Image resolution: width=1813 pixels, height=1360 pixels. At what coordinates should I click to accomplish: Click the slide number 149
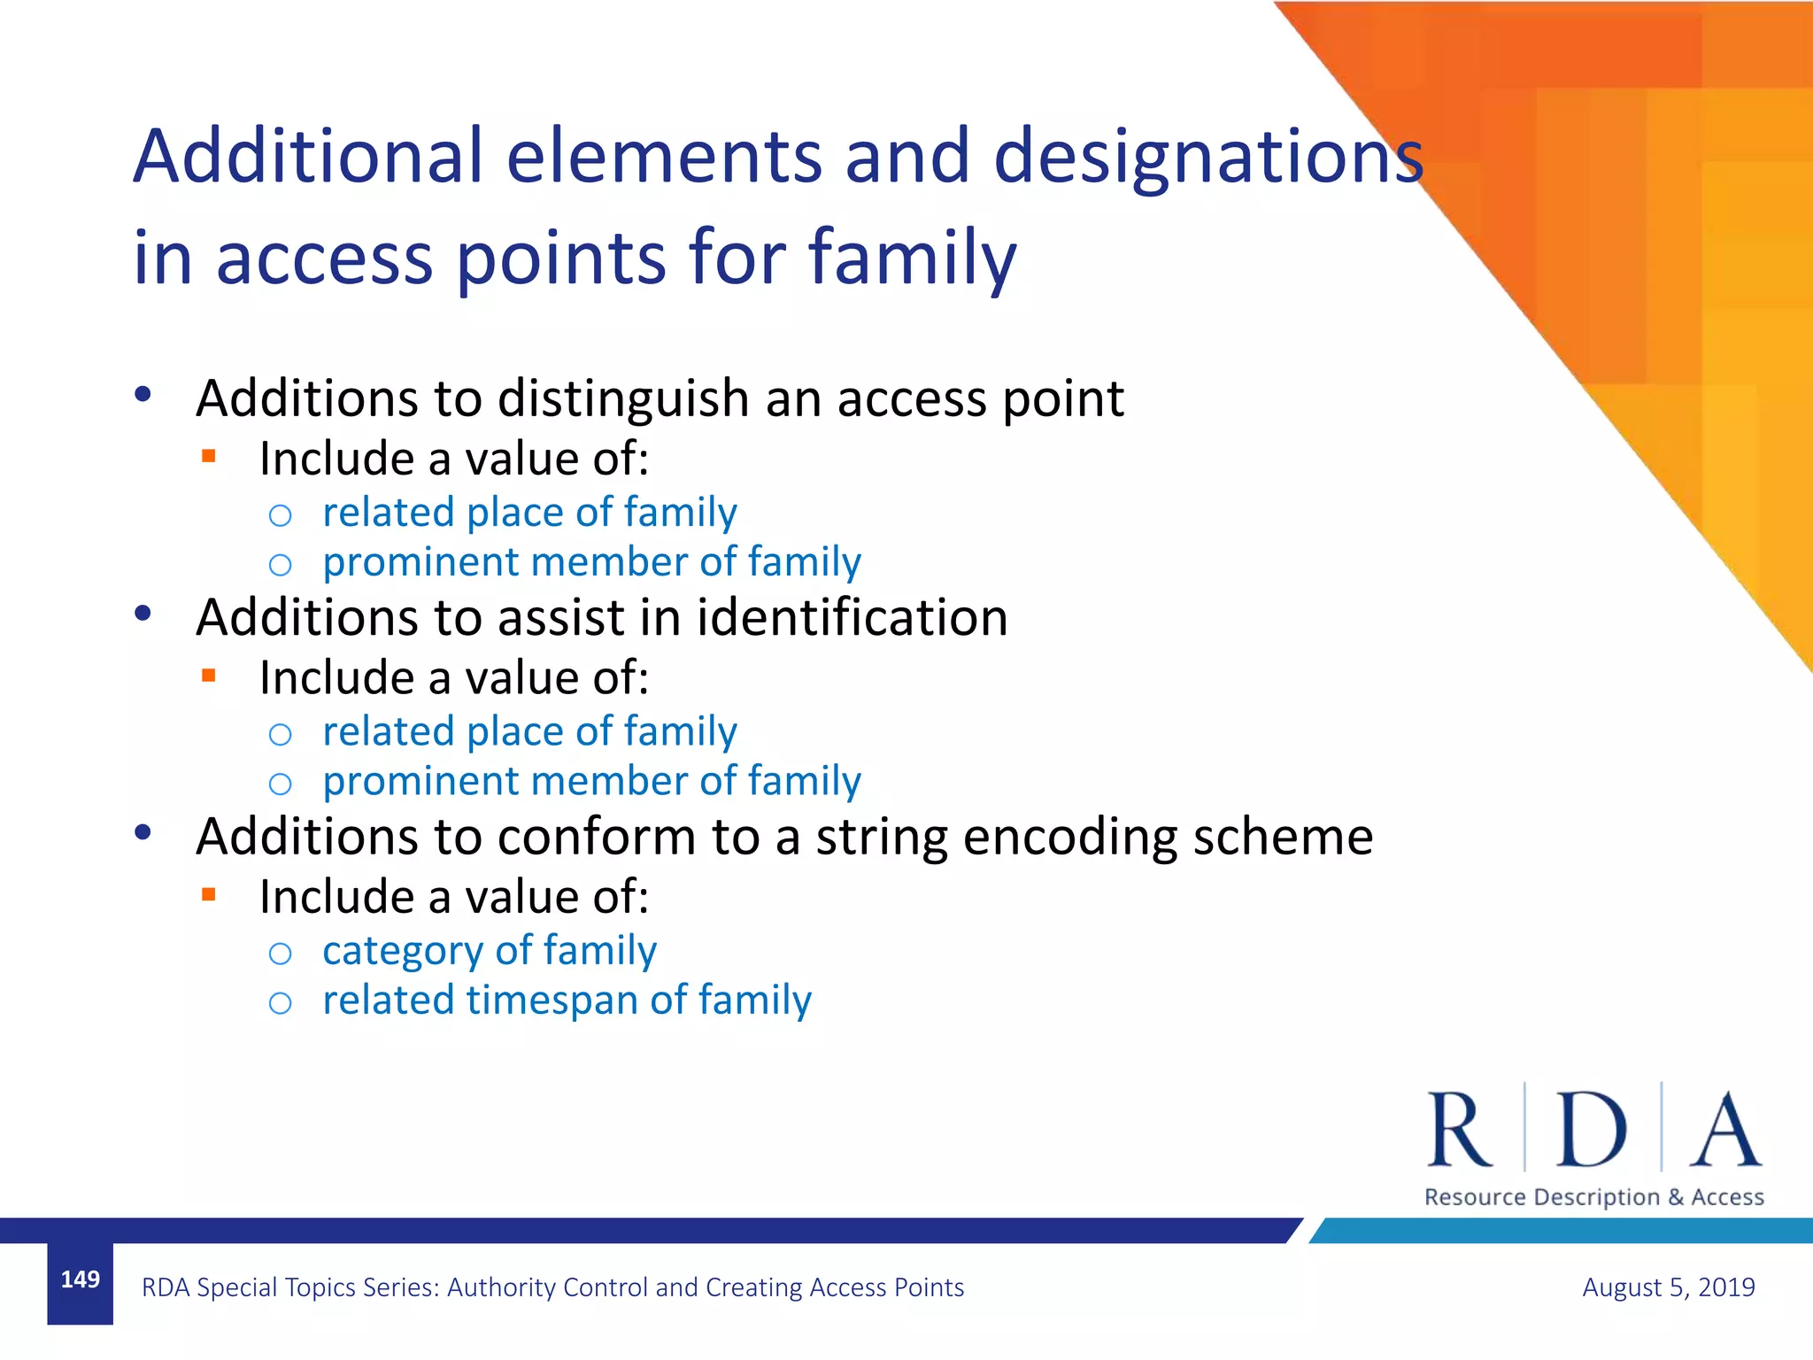coord(80,1279)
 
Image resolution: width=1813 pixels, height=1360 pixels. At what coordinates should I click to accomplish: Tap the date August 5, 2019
coord(1668,1287)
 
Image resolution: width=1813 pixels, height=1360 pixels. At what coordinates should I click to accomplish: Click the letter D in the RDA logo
coord(1591,1130)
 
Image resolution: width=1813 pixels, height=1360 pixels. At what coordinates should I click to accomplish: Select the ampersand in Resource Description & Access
coord(1675,1197)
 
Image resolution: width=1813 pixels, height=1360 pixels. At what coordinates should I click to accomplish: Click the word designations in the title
coord(1208,157)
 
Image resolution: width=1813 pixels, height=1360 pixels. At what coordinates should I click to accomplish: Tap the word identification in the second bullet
coord(852,617)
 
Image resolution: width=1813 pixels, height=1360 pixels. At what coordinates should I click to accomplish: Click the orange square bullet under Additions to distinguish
coord(209,457)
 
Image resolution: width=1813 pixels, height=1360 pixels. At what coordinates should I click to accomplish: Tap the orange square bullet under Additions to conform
coord(209,894)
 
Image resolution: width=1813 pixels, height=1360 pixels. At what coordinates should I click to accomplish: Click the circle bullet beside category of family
coord(280,954)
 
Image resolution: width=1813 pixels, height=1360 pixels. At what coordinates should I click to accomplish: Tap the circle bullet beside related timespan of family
coord(280,1003)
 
